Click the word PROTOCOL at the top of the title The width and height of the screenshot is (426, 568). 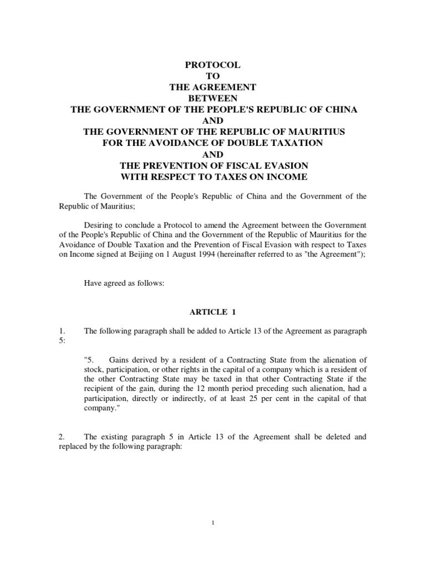tap(214, 65)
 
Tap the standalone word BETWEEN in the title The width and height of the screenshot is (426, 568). tap(214, 98)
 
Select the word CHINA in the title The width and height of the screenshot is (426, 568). tap(338, 109)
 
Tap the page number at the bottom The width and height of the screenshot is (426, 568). tap(213, 521)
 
